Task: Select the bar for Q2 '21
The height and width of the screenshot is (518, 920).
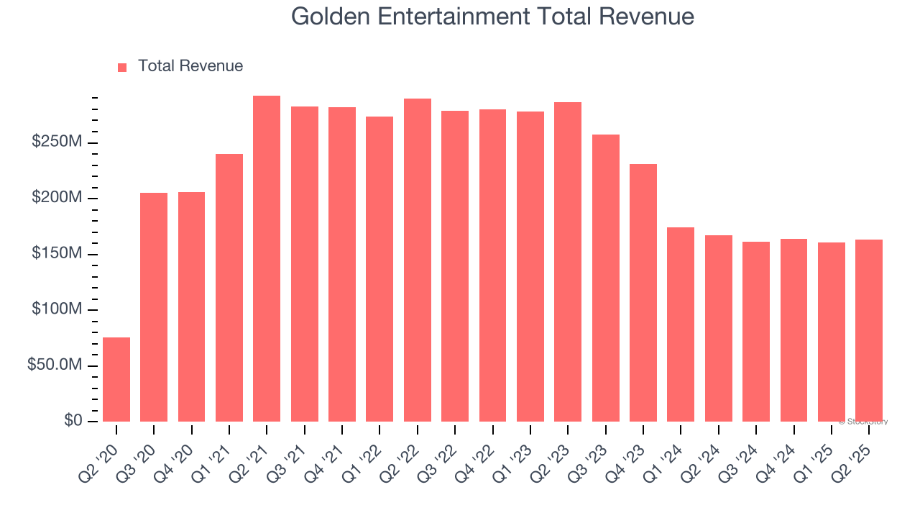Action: (x=267, y=258)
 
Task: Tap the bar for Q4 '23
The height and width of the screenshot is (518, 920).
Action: (x=643, y=293)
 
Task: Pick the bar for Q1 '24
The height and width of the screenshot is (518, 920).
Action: (x=681, y=324)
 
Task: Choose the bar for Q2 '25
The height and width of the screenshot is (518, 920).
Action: (x=869, y=330)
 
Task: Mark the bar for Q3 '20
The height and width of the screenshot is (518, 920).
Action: (x=154, y=307)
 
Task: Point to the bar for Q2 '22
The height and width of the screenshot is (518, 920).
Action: (x=418, y=260)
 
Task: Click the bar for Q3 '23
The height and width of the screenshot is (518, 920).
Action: (x=606, y=278)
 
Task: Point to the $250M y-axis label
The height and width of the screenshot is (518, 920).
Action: (x=57, y=142)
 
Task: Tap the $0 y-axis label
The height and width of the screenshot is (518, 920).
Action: (x=73, y=421)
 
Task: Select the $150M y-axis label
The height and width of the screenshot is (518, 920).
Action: (x=57, y=254)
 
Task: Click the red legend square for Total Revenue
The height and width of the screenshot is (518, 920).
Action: (x=122, y=67)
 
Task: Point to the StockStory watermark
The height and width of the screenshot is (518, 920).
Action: (x=863, y=422)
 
